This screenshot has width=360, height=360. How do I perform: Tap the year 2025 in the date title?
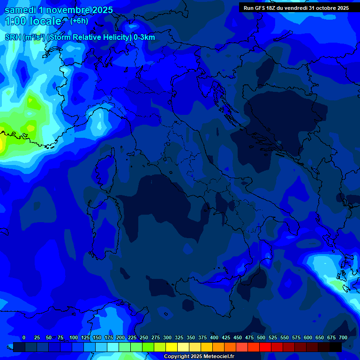99,10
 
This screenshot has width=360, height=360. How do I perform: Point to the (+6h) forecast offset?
79,21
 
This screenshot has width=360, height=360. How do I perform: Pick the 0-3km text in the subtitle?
144,37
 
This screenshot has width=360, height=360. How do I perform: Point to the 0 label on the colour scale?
24,337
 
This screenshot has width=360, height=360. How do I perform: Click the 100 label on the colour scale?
74,337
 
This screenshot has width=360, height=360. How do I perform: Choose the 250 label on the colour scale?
144,337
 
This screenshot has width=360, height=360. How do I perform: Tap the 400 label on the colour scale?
214,337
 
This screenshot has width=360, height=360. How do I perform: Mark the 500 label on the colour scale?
261,337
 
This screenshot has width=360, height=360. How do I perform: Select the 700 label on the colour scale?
343,337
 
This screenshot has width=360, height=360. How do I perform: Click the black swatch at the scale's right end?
335,347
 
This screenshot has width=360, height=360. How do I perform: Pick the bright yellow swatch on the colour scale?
172,347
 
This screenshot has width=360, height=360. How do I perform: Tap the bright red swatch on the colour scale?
265,347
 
